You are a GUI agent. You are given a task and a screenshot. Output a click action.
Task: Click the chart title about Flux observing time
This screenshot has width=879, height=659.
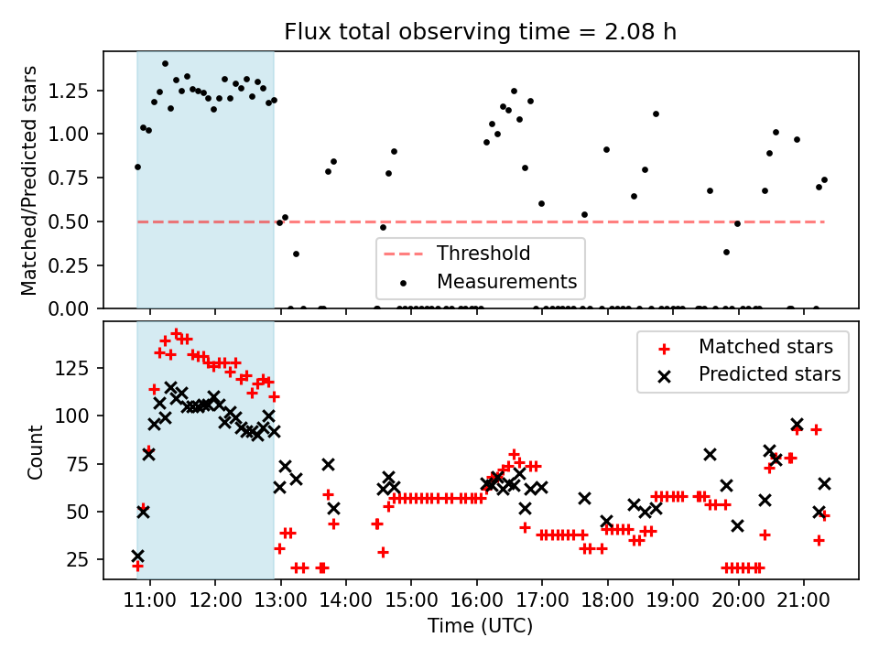pyautogui.click(x=481, y=31)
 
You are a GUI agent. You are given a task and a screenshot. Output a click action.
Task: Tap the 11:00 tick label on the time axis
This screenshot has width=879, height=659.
pyautogui.click(x=149, y=600)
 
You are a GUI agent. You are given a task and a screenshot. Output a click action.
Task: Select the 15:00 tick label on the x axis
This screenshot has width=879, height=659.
pyautogui.click(x=411, y=600)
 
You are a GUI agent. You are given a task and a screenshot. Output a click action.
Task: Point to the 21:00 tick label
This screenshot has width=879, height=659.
pyautogui.click(x=804, y=600)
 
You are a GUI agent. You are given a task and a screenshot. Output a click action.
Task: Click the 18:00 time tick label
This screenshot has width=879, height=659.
pyautogui.click(x=608, y=600)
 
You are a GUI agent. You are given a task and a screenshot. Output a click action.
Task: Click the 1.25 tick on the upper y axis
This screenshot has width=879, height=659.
pyautogui.click(x=68, y=91)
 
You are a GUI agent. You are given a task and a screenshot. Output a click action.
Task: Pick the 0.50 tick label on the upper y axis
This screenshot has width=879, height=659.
pyautogui.click(x=68, y=221)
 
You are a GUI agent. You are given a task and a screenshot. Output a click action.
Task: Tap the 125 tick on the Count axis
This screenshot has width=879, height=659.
pyautogui.click(x=71, y=368)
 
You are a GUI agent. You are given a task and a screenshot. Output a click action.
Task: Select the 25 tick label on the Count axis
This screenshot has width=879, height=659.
pyautogui.click(x=77, y=559)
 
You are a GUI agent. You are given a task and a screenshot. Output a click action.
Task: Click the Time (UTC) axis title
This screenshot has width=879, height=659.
pyautogui.click(x=481, y=625)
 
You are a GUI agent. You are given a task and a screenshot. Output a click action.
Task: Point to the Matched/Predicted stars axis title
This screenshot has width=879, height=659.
pyautogui.click(x=28, y=180)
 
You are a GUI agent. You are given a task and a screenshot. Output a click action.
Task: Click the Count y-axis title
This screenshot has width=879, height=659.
pyautogui.click(x=35, y=451)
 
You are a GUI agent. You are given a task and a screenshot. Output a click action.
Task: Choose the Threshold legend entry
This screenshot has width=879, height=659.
pyautogui.click(x=456, y=254)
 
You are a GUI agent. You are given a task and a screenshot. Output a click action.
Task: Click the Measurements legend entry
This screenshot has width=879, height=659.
pyautogui.click(x=488, y=281)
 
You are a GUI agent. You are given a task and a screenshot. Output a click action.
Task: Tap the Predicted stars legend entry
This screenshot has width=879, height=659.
pyautogui.click(x=750, y=374)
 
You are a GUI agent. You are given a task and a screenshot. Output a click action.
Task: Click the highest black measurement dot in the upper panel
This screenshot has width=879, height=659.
pyautogui.click(x=165, y=64)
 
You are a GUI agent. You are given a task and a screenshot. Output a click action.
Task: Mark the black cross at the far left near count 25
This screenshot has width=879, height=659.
pyautogui.click(x=138, y=556)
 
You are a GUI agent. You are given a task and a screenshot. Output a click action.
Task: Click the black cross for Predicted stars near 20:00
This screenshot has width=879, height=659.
pyautogui.click(x=737, y=525)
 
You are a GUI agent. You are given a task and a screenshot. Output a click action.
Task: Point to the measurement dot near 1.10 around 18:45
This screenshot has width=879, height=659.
pyautogui.click(x=656, y=114)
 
